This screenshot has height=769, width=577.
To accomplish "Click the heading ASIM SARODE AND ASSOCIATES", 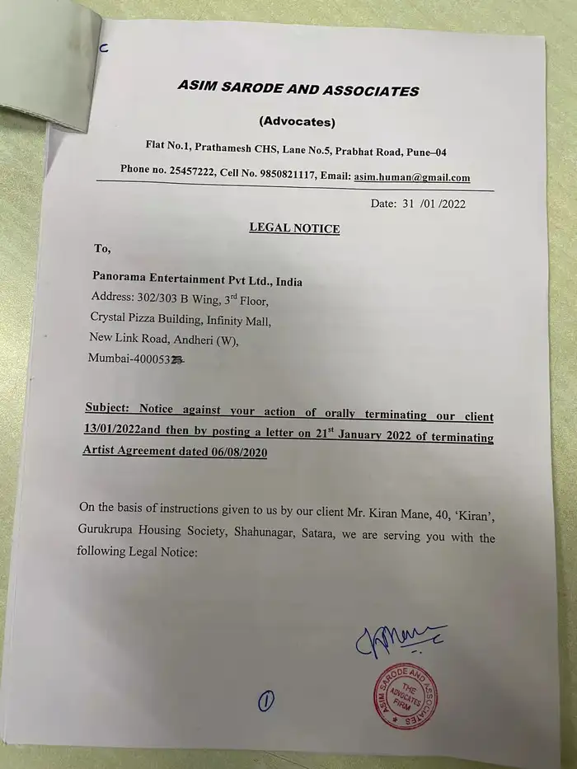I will (x=298, y=91).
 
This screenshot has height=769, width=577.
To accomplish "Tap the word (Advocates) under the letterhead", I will (x=297, y=122).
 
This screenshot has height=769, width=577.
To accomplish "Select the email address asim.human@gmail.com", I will (x=412, y=177).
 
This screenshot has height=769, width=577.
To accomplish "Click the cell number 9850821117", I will (x=305, y=176).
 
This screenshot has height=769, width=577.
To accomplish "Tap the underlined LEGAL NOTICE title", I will (x=294, y=228).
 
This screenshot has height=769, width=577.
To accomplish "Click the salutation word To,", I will (x=102, y=247).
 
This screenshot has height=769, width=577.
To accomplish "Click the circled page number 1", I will (x=266, y=701).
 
